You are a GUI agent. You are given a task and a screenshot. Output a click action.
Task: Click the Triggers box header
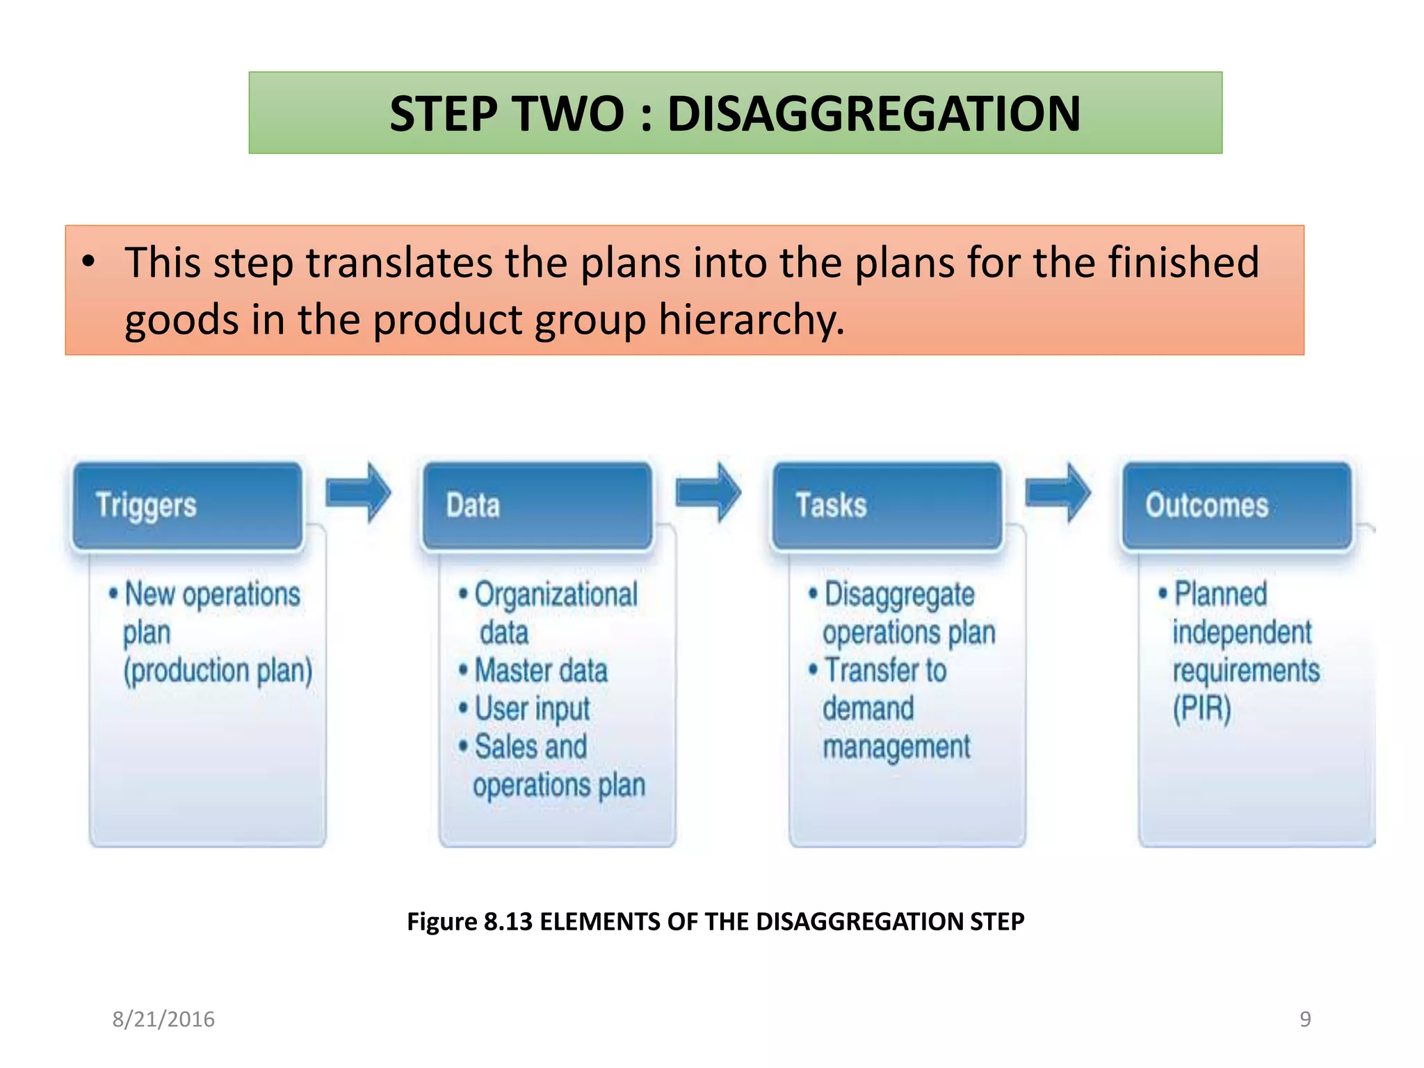click(x=188, y=505)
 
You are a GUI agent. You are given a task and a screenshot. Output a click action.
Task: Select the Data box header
click(x=537, y=505)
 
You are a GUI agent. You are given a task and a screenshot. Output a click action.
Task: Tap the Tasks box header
click(x=887, y=505)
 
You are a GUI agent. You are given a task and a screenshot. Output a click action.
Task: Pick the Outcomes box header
click(x=1237, y=505)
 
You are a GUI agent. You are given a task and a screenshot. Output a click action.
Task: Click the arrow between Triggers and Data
click(x=358, y=492)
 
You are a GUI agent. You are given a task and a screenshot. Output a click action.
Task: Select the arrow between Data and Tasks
click(x=708, y=492)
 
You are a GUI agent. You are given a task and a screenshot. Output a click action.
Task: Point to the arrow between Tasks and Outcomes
click(x=1058, y=492)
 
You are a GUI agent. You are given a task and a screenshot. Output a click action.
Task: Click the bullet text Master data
click(x=540, y=671)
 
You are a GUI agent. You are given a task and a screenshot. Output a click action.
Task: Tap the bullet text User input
click(x=532, y=709)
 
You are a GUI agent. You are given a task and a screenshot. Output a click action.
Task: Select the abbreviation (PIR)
click(x=1201, y=709)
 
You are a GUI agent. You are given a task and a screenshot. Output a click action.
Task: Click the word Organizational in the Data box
click(x=556, y=595)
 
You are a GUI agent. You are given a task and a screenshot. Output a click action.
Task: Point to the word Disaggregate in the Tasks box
click(x=899, y=595)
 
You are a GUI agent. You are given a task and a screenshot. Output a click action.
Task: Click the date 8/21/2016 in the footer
click(x=163, y=1019)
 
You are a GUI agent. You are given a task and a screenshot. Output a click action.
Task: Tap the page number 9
click(x=1305, y=1019)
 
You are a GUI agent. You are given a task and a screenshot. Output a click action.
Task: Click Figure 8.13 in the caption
click(x=469, y=921)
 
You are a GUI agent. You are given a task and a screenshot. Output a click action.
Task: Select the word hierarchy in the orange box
click(x=751, y=320)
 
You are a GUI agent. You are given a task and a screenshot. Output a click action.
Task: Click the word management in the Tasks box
click(x=896, y=747)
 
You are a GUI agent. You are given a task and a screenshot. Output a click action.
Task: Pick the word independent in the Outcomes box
click(x=1242, y=633)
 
